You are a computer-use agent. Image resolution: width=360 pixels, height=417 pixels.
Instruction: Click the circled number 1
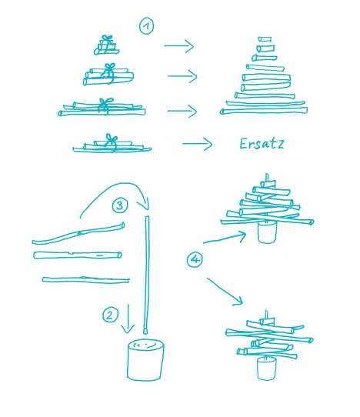pos(146,26)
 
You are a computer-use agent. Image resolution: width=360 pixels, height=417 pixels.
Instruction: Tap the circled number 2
pos(110,315)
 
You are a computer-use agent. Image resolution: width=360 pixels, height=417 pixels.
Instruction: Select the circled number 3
pos(120,205)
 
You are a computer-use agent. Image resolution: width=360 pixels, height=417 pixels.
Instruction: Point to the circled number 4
pos(195,259)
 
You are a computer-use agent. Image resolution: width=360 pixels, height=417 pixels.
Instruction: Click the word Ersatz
pos(262,144)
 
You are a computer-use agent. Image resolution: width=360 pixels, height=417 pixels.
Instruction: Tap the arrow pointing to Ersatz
pos(198,144)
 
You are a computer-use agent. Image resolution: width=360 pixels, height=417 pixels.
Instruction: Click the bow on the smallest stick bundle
pos(108,38)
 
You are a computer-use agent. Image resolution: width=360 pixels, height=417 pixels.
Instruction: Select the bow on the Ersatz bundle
pos(111,138)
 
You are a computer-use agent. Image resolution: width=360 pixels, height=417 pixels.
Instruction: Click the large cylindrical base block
pos(145,359)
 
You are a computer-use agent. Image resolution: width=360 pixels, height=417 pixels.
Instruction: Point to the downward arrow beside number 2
pos(128,319)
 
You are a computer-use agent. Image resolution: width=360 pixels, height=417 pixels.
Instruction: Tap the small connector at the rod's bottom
pos(145,331)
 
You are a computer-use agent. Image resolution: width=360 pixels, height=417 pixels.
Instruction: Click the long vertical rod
pos(147,272)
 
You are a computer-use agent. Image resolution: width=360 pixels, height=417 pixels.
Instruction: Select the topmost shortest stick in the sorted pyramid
pos(265,39)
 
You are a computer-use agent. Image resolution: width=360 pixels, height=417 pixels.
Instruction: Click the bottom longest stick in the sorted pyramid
pos(264,111)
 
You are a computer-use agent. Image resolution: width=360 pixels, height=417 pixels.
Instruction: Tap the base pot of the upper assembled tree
pos(267,232)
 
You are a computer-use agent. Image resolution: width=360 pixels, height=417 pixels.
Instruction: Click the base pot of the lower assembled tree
pos(267,369)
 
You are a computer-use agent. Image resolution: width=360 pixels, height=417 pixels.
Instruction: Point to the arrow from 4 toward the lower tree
pos(225,292)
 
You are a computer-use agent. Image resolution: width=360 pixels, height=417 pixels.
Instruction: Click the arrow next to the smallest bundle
pos(178,45)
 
